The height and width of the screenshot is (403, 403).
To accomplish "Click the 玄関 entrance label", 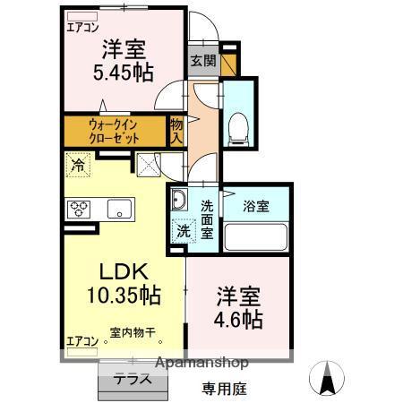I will click(202, 61).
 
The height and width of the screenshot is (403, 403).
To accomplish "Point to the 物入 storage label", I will click(177, 132).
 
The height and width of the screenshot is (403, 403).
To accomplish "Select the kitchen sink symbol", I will click(116, 209).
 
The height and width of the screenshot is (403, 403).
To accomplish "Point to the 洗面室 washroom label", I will click(206, 218).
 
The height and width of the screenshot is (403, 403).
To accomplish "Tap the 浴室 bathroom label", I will click(257, 206).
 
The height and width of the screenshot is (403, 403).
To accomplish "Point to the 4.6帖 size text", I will click(239, 319).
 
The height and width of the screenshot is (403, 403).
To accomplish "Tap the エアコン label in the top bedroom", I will click(83, 28).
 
